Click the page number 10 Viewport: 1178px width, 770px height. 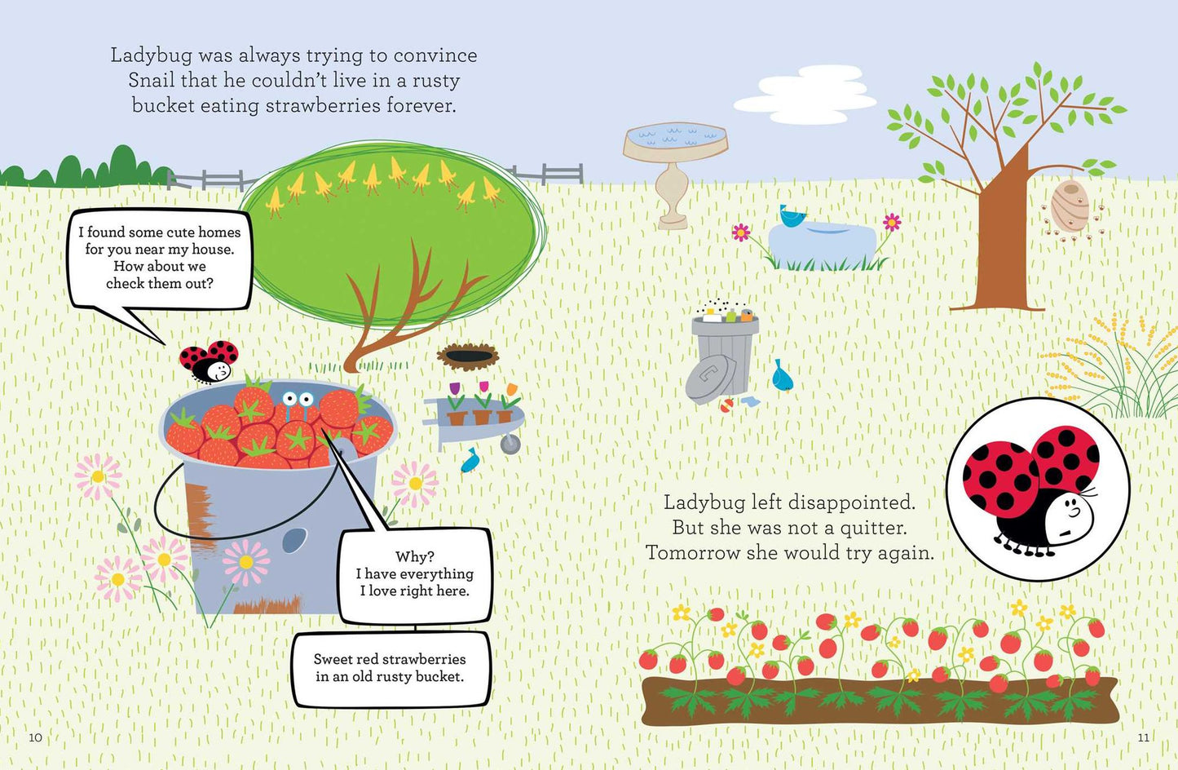click(35, 737)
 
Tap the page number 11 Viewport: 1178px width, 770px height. click(1143, 737)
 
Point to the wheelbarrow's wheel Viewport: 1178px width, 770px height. click(510, 445)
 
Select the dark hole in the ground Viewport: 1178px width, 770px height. click(468, 356)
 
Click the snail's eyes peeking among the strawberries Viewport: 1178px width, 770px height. click(298, 398)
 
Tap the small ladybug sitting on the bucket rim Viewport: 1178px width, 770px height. click(209, 361)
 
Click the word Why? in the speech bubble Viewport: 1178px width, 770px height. click(414, 556)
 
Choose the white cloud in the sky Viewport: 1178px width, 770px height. click(805, 95)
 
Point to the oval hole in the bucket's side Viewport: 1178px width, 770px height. click(294, 541)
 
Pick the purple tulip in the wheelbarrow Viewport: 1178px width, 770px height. click(455, 388)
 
